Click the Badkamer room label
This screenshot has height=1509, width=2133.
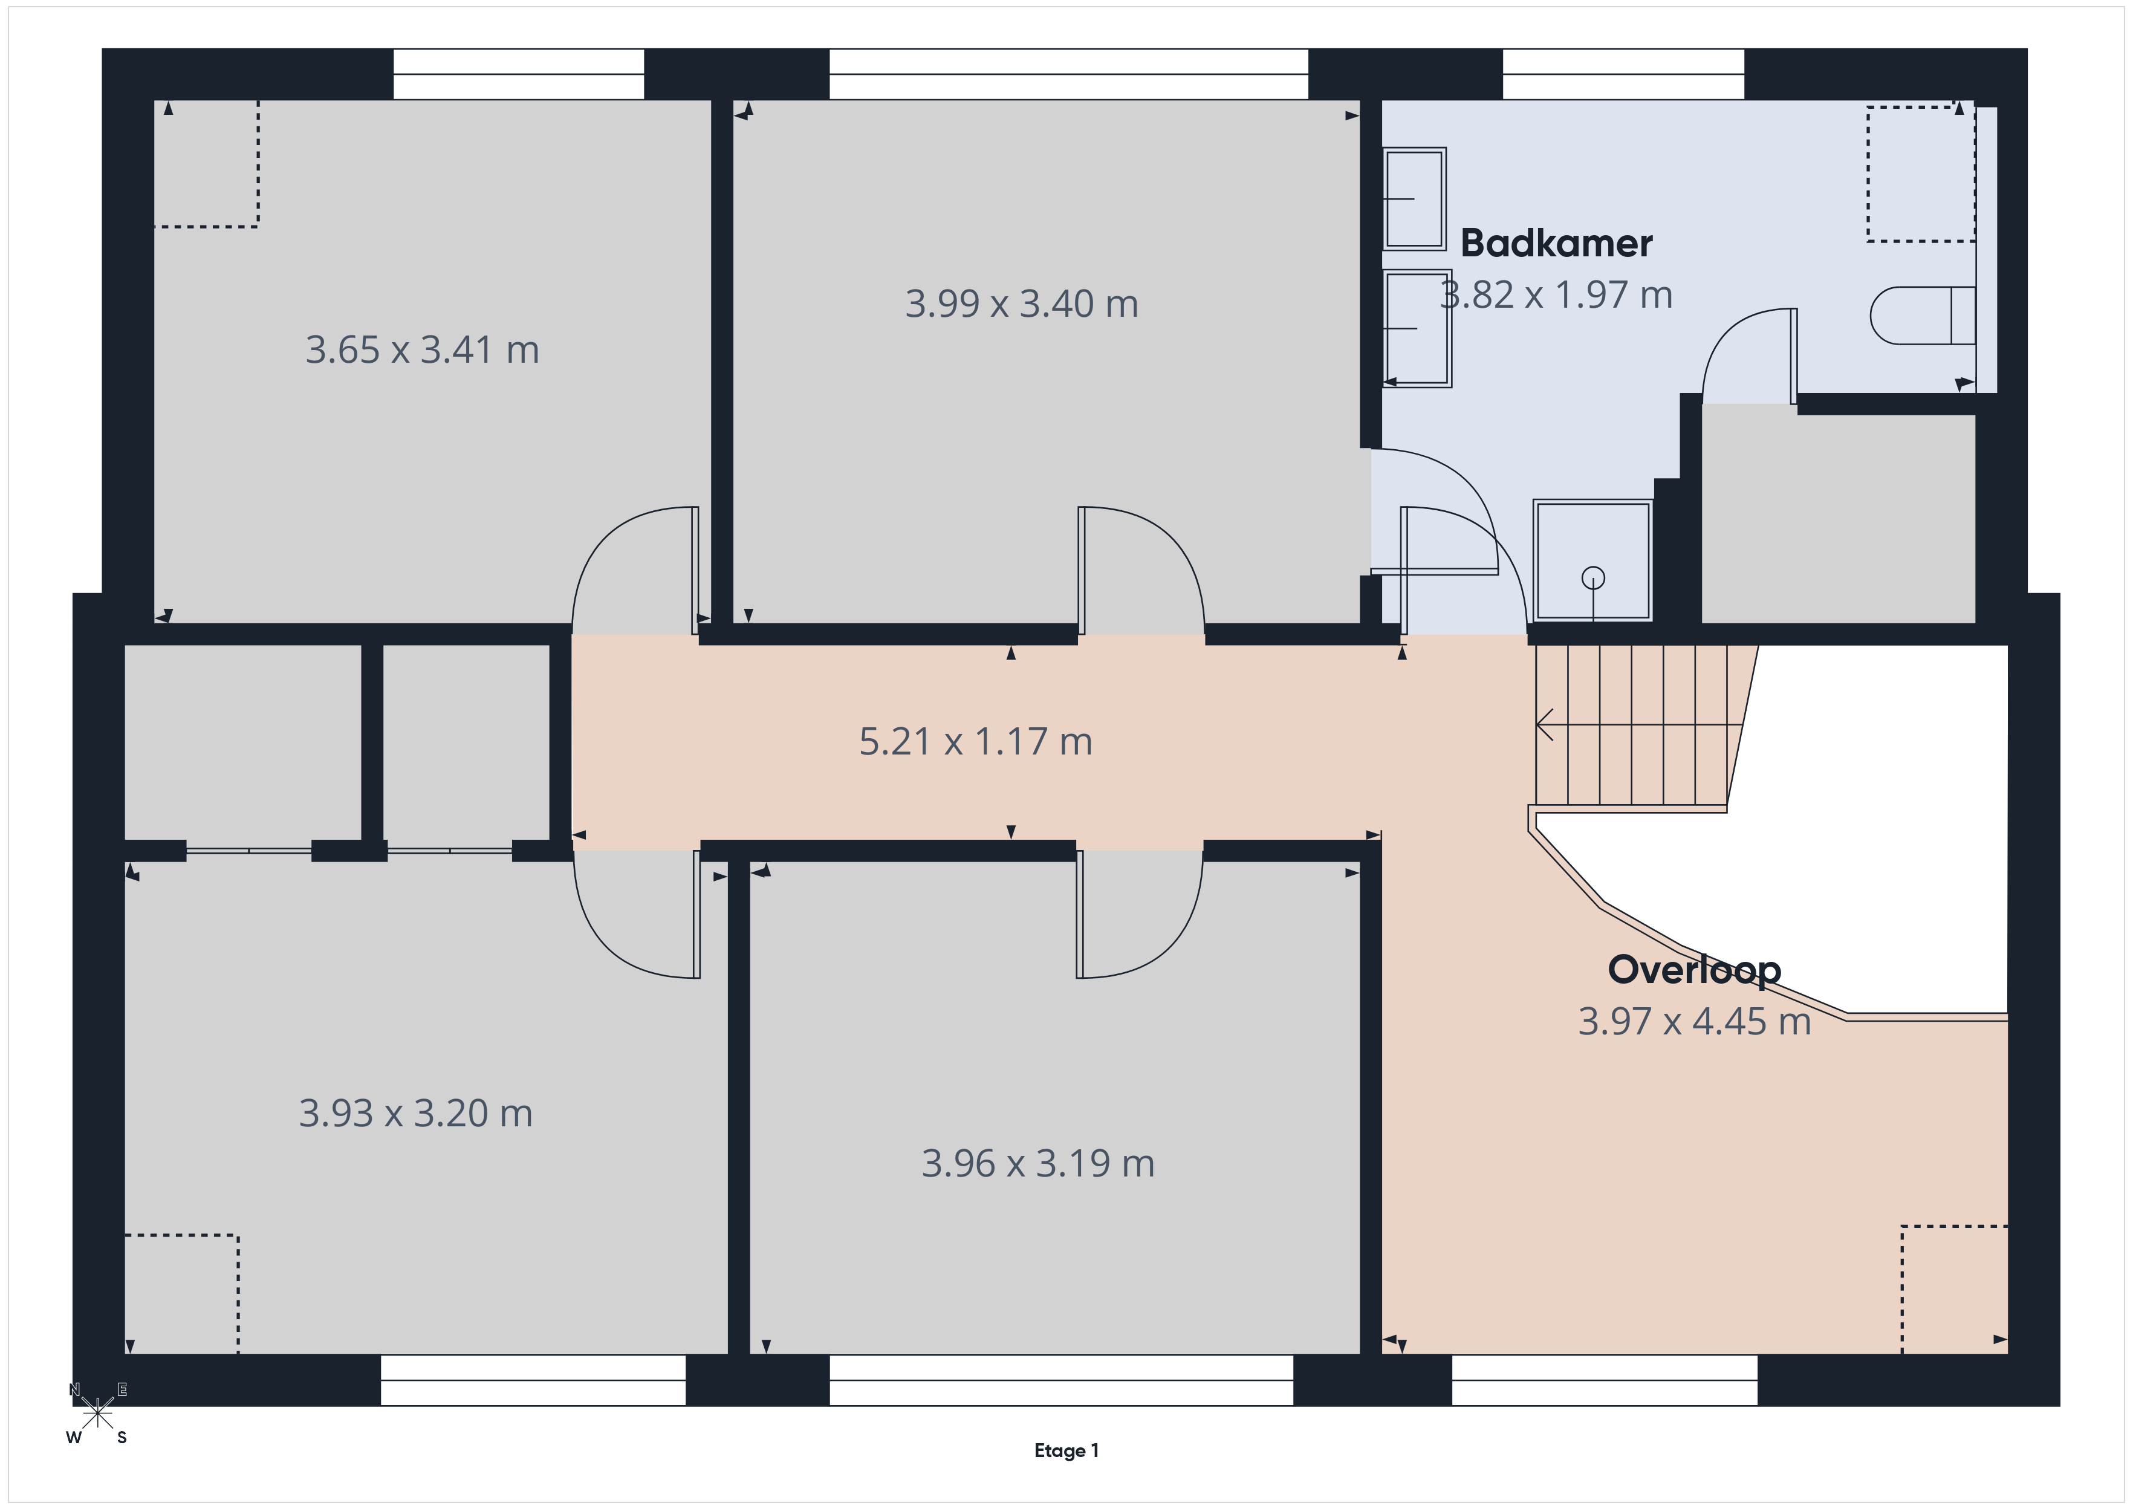click(x=1556, y=244)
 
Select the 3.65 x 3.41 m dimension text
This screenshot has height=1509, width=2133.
click(x=423, y=350)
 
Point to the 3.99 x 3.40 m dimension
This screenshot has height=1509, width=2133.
click(x=1022, y=304)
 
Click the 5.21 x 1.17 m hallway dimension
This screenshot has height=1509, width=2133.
click(x=975, y=741)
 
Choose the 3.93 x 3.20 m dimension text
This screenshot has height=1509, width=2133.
click(x=416, y=1113)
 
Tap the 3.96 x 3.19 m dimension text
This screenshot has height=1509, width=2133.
click(x=1037, y=1163)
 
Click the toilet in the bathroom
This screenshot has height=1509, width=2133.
click(x=1922, y=316)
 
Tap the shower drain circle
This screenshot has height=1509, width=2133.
click(x=1593, y=578)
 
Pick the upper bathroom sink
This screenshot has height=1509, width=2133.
click(x=1415, y=199)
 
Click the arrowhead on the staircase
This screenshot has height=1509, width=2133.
click(x=1544, y=724)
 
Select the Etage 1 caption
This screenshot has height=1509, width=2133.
click(x=1066, y=1450)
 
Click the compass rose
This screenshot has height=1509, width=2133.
click(x=97, y=1414)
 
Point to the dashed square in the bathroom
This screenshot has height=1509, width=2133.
click(x=1920, y=174)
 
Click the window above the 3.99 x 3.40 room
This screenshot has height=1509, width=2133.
click(x=1068, y=74)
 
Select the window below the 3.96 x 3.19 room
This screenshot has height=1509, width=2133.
click(x=1061, y=1380)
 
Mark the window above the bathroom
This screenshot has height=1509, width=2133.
click(x=1623, y=74)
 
